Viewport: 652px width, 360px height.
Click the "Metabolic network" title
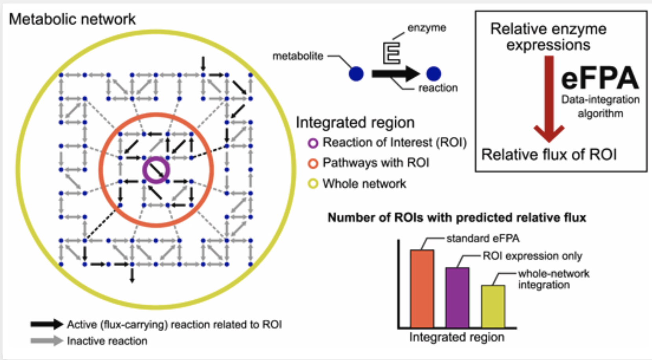72,19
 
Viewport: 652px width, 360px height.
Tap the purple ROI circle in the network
156,170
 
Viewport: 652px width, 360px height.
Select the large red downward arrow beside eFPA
549,98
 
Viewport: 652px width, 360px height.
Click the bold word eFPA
599,78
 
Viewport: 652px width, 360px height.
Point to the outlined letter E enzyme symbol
392,52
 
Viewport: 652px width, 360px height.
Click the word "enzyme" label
427,28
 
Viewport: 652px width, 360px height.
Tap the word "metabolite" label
298,56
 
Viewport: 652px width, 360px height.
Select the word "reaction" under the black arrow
438,88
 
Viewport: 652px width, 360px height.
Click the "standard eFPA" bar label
483,238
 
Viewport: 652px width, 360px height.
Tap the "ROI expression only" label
532,256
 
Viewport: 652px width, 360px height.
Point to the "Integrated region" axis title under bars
457,337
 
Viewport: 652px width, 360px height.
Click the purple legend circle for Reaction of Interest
313,143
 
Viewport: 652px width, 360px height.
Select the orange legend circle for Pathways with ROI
313,163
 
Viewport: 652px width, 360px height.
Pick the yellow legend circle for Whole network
313,184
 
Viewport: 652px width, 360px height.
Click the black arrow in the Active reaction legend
47,324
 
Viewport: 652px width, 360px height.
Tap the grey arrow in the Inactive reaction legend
47,341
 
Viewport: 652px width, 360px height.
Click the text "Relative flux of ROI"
549,155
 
